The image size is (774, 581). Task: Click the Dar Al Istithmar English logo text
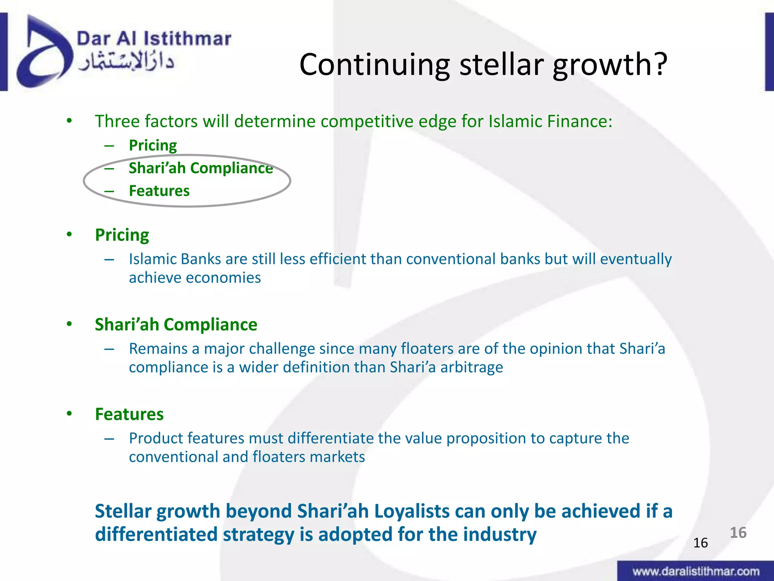[154, 39]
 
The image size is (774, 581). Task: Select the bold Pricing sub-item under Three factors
[153, 145]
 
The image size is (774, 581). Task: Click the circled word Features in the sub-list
[159, 191]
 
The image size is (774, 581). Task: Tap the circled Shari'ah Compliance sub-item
[201, 168]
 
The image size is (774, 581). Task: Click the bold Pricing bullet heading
[122, 235]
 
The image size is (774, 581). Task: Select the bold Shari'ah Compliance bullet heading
[176, 325]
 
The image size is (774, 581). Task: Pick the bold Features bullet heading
[129, 414]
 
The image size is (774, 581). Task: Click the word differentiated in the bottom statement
[156, 534]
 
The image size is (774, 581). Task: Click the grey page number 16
[738, 533]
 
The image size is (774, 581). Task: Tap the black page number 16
[700, 543]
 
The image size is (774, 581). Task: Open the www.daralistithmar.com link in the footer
[696, 571]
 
